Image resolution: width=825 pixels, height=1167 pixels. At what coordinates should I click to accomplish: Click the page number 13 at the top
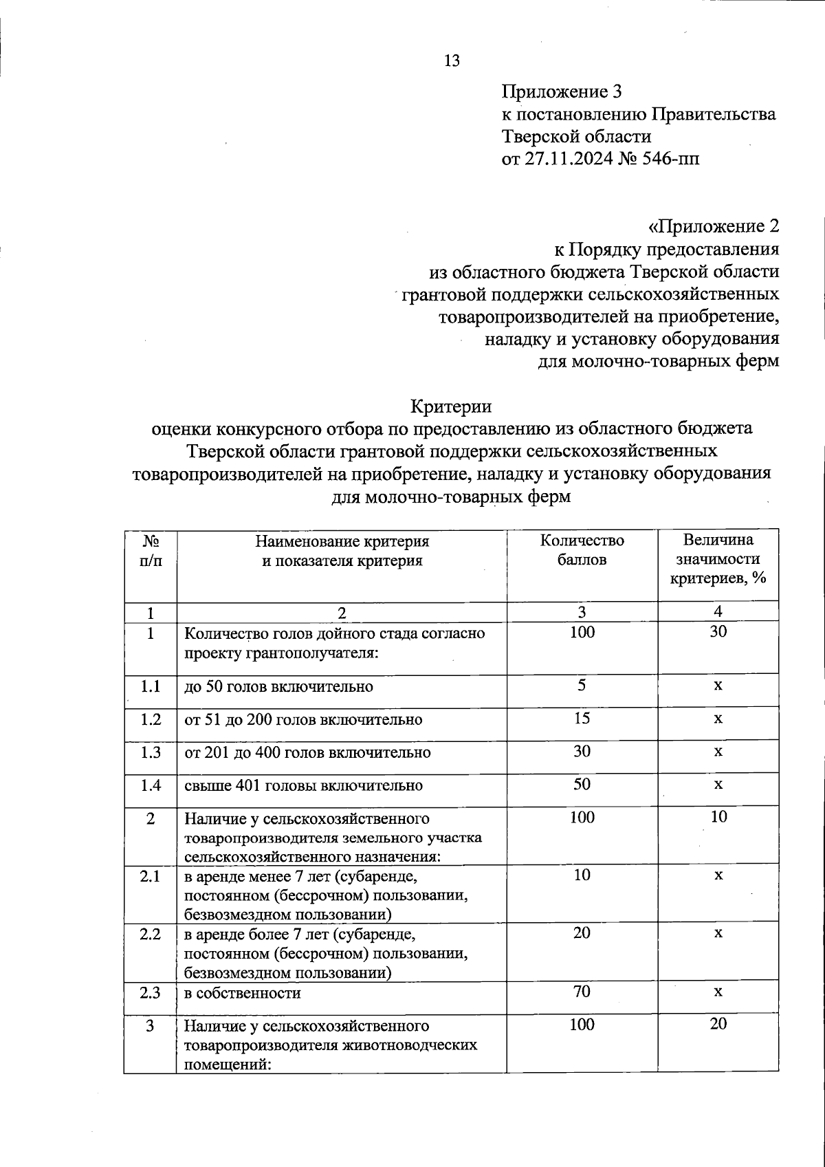pyautogui.click(x=452, y=61)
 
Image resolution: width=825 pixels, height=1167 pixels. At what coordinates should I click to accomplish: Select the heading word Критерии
pyautogui.click(x=451, y=406)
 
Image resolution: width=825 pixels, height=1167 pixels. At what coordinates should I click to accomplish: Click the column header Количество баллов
pyautogui.click(x=582, y=549)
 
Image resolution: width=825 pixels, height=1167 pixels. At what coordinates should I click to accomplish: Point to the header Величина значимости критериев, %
pyautogui.click(x=718, y=559)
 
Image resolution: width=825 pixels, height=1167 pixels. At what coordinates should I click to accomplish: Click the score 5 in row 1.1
pyautogui.click(x=582, y=686)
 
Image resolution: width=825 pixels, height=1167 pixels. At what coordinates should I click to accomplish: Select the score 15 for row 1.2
pyautogui.click(x=582, y=719)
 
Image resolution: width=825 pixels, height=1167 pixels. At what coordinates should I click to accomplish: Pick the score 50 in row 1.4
pyautogui.click(x=582, y=785)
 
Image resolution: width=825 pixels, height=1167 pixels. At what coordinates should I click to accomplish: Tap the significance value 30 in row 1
pyautogui.click(x=718, y=631)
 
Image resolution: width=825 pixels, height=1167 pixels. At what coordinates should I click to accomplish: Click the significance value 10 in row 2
pyautogui.click(x=718, y=818)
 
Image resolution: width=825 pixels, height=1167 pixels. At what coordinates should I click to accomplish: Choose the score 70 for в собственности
pyautogui.click(x=582, y=992)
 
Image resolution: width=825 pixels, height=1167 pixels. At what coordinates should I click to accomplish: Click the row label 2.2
pyautogui.click(x=151, y=934)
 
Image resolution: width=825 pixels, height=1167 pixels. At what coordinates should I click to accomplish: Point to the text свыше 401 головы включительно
pyautogui.click(x=303, y=785)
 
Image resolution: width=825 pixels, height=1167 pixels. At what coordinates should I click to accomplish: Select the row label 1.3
pyautogui.click(x=151, y=752)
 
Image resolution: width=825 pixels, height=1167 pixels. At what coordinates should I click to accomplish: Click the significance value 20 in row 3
pyautogui.click(x=718, y=1025)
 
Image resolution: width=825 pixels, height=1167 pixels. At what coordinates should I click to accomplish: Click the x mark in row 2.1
pyautogui.click(x=718, y=875)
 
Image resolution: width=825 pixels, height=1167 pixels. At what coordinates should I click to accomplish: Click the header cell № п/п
pyautogui.click(x=151, y=550)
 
